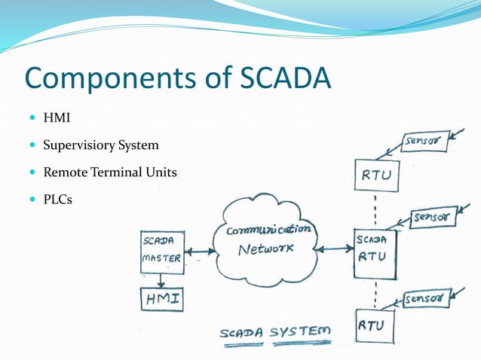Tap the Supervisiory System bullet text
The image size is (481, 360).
[101, 145]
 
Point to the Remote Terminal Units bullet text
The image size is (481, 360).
[110, 172]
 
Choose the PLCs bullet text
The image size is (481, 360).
[58, 200]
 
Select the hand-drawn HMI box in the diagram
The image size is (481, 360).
[161, 300]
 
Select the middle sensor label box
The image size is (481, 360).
[434, 218]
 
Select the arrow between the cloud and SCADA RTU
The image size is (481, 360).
[332, 248]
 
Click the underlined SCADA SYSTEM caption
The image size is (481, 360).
[274, 332]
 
